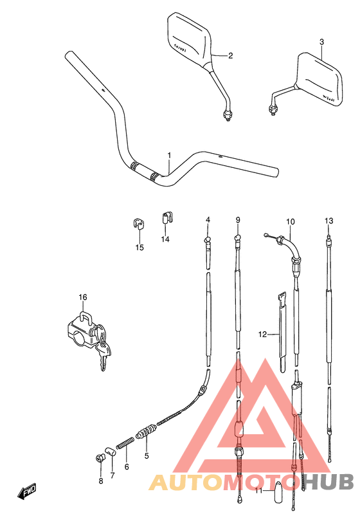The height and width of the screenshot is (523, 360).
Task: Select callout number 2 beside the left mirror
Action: pyautogui.click(x=230, y=55)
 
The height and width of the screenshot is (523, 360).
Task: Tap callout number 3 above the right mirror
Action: pyautogui.click(x=321, y=42)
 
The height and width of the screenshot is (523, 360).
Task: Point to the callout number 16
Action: pyautogui.click(x=82, y=297)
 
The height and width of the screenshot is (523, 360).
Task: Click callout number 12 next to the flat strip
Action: pyautogui.click(x=262, y=334)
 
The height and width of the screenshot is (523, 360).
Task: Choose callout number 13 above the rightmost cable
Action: pyautogui.click(x=329, y=221)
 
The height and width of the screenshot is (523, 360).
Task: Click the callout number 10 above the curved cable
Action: pyautogui.click(x=290, y=222)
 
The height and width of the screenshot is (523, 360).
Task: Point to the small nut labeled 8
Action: pyautogui.click(x=100, y=458)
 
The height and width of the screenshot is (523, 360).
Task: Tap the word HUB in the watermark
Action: pyautogui.click(x=328, y=482)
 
